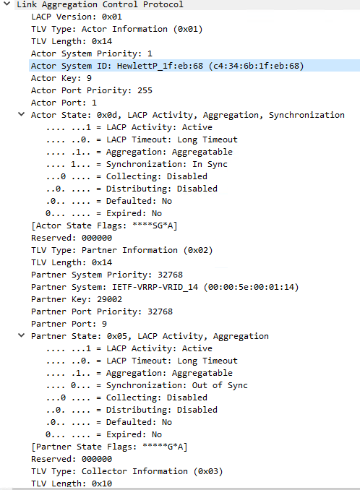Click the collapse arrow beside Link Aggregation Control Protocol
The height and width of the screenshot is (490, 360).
coord(7,4)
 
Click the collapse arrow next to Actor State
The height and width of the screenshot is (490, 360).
coord(21,114)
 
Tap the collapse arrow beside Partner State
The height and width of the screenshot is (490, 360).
coord(21,335)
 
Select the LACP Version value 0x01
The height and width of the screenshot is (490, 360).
coord(111,17)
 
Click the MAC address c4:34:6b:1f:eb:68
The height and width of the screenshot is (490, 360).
coord(256,66)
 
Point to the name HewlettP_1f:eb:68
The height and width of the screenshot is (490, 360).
coord(160,66)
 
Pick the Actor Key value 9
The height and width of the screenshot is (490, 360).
coord(89,78)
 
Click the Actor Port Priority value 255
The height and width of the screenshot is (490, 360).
coord(145,90)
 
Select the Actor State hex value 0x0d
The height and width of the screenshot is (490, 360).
coord(108,115)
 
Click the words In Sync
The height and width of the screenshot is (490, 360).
coord(210,164)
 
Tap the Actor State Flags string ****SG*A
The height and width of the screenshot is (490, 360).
coord(153,225)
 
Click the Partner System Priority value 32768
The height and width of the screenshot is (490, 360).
coord(170,275)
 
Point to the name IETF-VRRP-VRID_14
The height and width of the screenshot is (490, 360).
coord(155,287)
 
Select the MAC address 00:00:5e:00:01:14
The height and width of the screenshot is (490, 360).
coord(252,287)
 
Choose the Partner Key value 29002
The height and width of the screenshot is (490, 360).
coord(109,299)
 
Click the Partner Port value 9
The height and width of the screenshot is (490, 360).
coord(104,324)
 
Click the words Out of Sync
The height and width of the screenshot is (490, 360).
coord(220,385)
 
